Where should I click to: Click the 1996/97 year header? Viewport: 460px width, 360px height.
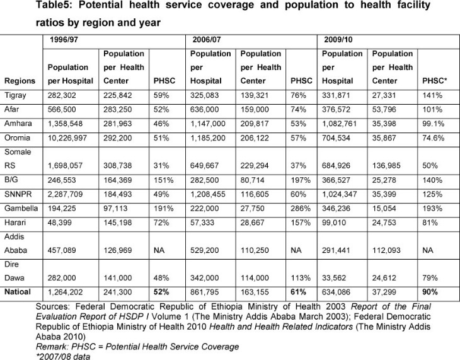[x=64, y=40]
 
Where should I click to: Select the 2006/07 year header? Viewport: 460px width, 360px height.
[x=207, y=40]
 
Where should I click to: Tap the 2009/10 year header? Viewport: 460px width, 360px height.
[x=338, y=40]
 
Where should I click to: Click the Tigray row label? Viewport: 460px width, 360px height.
[x=15, y=95]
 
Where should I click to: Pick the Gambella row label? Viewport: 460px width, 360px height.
[x=21, y=208]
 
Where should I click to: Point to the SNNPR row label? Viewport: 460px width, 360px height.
[x=18, y=194]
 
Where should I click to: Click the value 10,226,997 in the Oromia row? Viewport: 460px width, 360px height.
[x=67, y=138]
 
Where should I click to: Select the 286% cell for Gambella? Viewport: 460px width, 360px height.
[x=301, y=209]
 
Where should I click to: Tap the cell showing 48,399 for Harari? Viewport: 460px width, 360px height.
[x=60, y=223]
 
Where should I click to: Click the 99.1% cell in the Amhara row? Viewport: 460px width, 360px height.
[x=434, y=124]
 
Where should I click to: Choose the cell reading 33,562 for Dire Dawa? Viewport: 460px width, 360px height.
[x=334, y=278]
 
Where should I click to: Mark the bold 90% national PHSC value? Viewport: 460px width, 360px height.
[x=430, y=292]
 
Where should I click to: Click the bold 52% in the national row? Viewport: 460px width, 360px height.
[x=161, y=292]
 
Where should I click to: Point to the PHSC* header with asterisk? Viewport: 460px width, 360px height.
[x=434, y=81]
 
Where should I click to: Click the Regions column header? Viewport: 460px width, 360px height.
[x=20, y=81]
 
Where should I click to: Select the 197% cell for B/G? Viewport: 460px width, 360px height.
[x=301, y=180]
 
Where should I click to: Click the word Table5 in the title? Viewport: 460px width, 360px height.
[x=54, y=5]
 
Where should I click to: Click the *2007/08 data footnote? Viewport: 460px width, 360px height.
[x=63, y=356]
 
